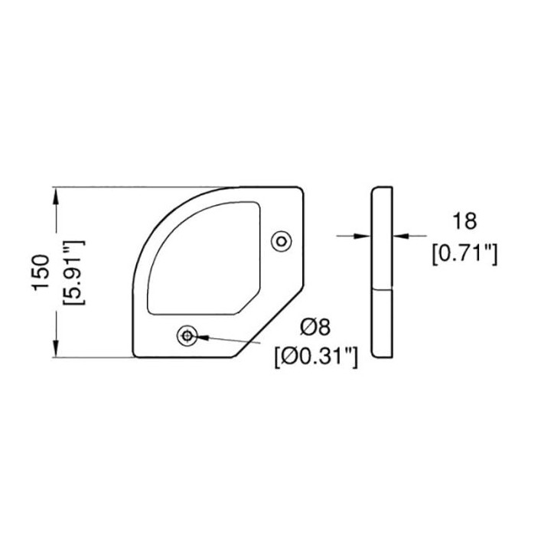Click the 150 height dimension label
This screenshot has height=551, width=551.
coord(41,272)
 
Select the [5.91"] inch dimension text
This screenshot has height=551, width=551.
coord(73,272)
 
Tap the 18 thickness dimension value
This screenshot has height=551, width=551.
coord(465,221)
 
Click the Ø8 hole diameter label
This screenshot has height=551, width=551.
coord(315,328)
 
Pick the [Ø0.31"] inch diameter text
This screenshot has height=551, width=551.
coord(316,358)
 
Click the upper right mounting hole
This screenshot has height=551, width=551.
coord(282,241)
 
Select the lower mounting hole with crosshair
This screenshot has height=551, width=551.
coord(187,336)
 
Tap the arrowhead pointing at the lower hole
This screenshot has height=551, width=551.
coord(203,337)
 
